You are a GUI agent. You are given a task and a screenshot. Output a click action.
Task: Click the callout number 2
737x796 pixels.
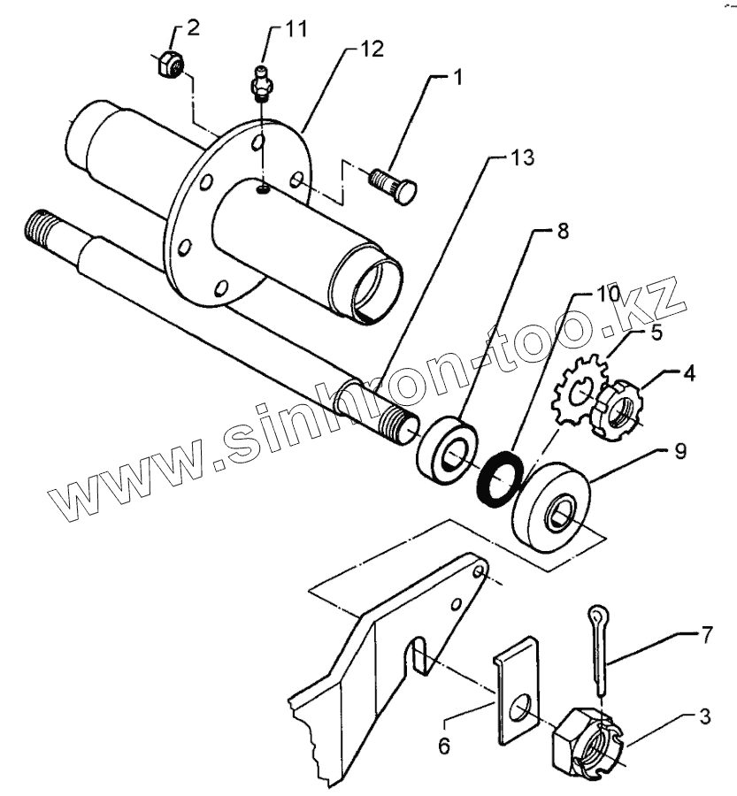coord(194,26)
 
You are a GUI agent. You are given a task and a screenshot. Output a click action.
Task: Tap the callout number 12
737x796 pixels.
coord(372,49)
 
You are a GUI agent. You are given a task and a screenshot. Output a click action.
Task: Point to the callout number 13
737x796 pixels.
coord(521,160)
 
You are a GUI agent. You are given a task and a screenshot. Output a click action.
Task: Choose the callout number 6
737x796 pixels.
coord(444,746)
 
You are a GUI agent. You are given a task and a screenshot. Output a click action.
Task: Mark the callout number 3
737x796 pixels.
coord(703,716)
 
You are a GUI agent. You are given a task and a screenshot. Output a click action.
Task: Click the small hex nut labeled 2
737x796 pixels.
coord(168,65)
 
